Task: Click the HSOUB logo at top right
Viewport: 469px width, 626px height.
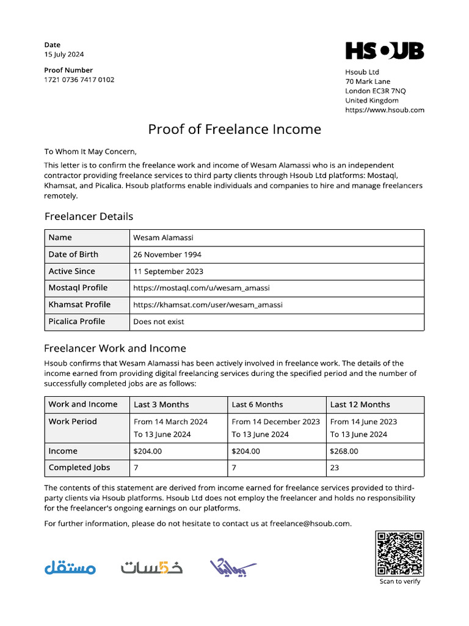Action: (384, 51)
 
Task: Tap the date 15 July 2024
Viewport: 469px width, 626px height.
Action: (64, 54)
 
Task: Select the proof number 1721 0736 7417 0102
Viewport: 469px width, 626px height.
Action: (79, 79)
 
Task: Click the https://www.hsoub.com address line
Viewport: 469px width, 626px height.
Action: (384, 110)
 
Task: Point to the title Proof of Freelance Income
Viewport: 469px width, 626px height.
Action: (234, 129)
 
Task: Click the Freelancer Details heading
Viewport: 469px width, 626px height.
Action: (89, 216)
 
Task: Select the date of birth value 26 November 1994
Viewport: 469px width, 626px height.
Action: (167, 254)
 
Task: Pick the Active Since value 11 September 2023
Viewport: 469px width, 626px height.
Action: (169, 271)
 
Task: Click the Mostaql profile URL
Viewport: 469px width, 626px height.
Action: (202, 288)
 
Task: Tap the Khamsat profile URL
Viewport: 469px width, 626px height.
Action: (208, 304)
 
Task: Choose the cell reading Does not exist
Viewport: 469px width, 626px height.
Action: (159, 322)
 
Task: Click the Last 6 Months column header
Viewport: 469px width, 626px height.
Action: (257, 405)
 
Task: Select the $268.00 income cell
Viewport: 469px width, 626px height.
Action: (344, 451)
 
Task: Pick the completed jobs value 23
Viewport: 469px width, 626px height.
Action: (335, 468)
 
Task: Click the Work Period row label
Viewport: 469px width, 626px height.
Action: (73, 422)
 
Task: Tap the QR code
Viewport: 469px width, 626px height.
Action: (399, 553)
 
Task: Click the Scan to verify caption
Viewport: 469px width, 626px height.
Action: (399, 581)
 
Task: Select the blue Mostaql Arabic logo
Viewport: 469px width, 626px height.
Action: (70, 567)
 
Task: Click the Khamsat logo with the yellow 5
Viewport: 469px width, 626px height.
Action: (151, 567)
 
